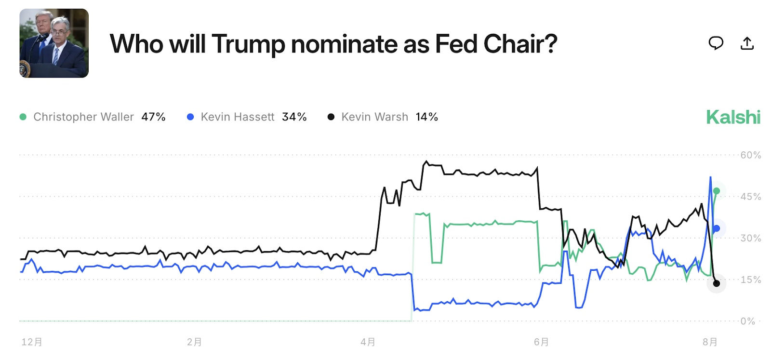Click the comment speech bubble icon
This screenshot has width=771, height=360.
tap(716, 43)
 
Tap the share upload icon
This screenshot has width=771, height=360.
tap(747, 43)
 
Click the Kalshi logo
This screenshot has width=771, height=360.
tap(733, 117)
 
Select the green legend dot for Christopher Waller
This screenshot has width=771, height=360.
tap(23, 117)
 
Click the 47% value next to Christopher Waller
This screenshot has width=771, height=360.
tap(153, 117)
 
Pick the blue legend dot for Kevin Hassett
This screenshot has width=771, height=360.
tap(190, 117)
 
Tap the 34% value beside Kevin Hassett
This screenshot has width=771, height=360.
tap(294, 117)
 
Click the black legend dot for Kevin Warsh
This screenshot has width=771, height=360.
tap(331, 117)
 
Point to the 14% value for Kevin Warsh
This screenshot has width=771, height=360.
tap(426, 117)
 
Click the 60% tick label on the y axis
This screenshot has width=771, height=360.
tap(750, 155)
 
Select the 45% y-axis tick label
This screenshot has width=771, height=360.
tap(750, 197)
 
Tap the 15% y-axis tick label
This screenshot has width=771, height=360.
tap(750, 280)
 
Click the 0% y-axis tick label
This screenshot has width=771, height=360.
tap(748, 321)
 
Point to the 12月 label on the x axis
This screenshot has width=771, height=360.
tap(32, 342)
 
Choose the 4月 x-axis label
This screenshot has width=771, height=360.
tap(368, 342)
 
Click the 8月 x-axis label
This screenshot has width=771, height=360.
tap(710, 342)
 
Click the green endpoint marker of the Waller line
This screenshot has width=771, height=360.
tap(717, 191)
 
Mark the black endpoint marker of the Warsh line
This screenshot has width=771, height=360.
tap(717, 283)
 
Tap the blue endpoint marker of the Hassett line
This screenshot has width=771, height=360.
tap(717, 228)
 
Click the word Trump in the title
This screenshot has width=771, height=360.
tap(248, 44)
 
